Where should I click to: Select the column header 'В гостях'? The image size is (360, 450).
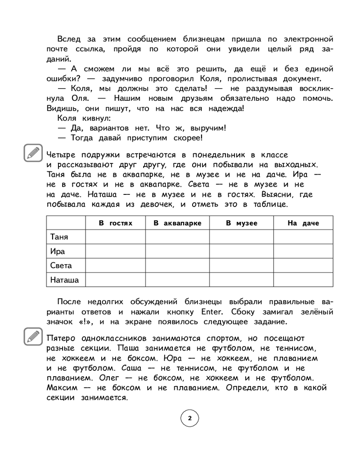115,223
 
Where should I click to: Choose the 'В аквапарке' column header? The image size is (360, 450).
177,223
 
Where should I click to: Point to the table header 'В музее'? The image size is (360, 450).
241,223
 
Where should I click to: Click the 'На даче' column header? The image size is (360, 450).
303,223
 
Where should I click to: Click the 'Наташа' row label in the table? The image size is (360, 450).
64,280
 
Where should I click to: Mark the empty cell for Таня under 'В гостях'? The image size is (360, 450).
115,237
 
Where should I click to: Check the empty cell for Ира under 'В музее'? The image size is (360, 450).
241,251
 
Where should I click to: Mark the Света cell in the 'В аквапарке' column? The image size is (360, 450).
177,265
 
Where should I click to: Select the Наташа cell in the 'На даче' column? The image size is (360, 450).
303,280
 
